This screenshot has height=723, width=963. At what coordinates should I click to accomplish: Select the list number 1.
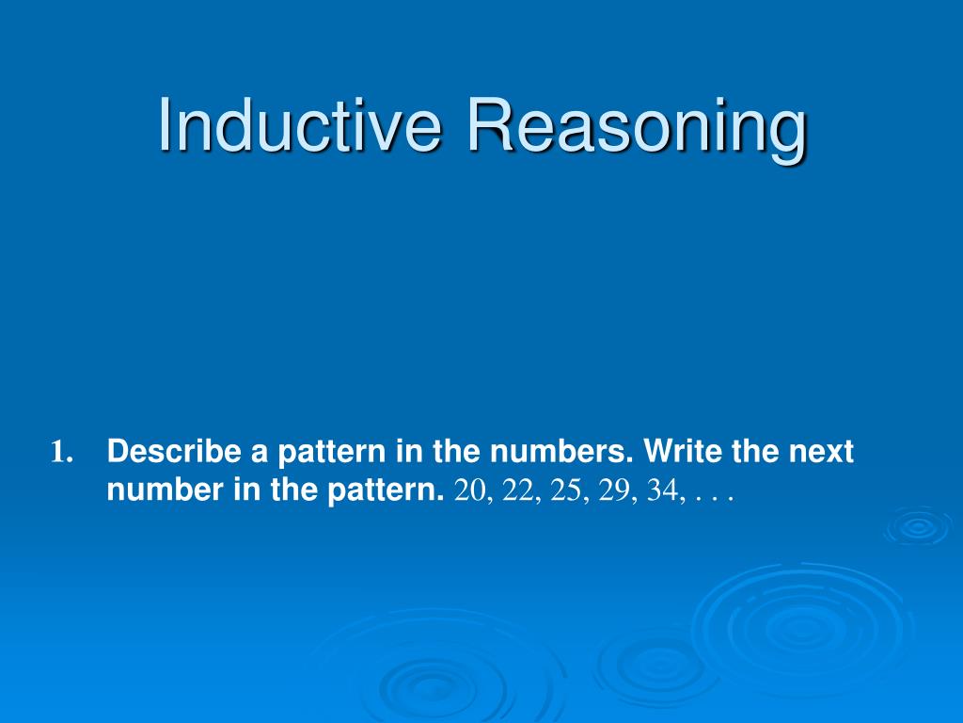[62, 452]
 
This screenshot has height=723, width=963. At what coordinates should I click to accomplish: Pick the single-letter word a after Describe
[260, 455]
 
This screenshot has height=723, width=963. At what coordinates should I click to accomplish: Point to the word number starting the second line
[166, 490]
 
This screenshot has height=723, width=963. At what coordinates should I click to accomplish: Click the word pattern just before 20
[385, 491]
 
